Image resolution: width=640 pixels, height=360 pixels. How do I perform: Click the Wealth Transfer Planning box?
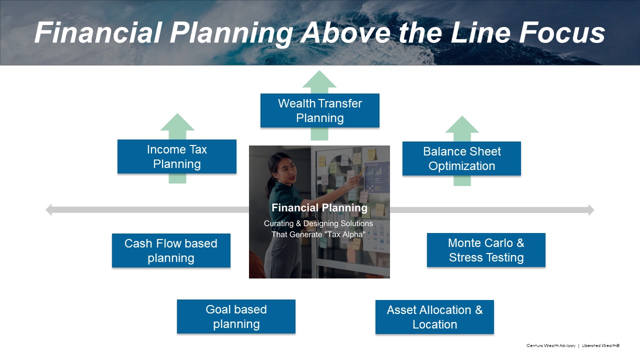319,110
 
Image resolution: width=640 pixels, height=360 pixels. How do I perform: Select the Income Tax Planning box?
176,156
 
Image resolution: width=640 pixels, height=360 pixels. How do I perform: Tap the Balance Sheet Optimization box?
461,158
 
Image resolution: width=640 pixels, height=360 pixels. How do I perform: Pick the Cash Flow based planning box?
171,250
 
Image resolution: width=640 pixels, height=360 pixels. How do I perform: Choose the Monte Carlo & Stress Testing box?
486,250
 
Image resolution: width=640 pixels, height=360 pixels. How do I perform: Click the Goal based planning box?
236,316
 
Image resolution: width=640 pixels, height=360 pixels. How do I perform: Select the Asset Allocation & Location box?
434,317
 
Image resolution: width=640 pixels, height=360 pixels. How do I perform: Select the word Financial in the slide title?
98,33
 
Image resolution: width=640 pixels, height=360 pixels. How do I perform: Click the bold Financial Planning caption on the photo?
319,208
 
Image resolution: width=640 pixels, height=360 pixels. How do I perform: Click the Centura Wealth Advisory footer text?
550,345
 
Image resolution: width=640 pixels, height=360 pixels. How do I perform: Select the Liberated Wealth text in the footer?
600,345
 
